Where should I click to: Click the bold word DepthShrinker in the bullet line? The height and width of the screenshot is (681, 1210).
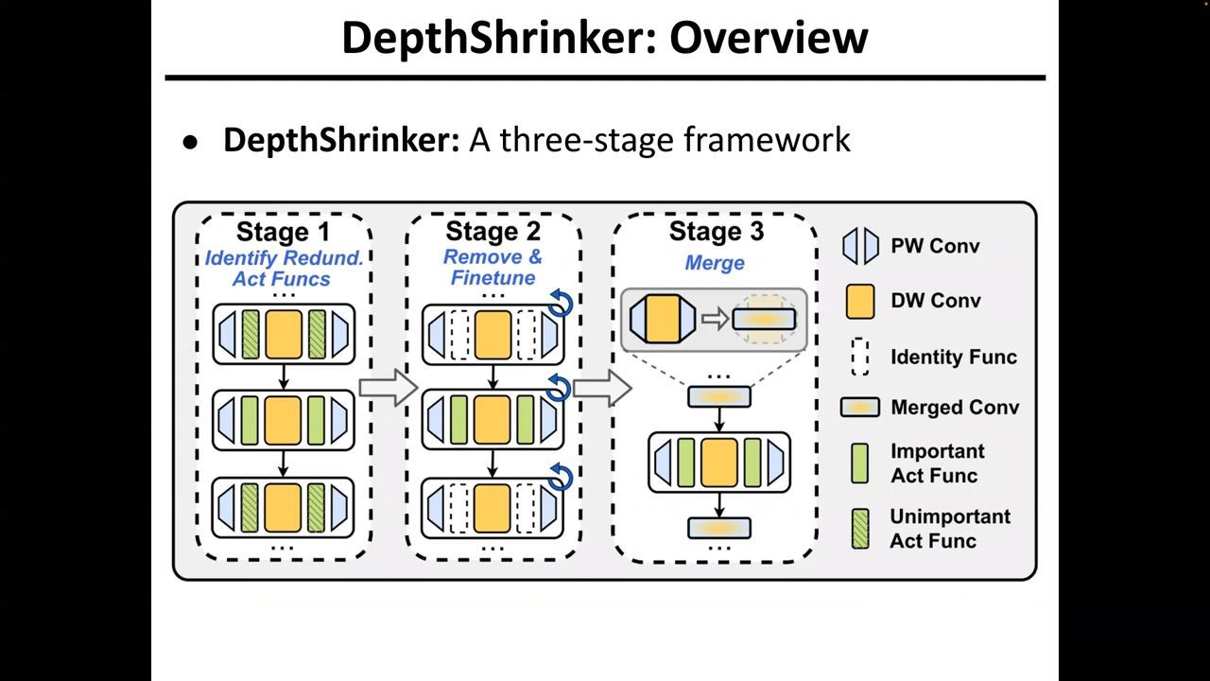340,140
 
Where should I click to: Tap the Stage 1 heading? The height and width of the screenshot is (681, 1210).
284,232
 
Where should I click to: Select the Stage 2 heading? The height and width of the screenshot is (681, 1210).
493,232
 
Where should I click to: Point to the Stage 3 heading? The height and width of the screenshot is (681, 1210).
716,232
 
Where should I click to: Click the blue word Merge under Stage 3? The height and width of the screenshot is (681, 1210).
715,263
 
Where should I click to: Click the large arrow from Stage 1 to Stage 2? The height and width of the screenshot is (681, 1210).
388,387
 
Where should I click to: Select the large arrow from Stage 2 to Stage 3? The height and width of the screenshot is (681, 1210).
602,387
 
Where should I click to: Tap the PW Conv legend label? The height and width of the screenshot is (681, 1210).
935,246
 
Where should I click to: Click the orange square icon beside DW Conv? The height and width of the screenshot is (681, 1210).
860,301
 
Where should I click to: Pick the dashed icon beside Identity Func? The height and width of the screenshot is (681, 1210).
860,357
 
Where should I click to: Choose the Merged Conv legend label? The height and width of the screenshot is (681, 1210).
955,408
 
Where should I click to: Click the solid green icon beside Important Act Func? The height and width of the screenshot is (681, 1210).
860,463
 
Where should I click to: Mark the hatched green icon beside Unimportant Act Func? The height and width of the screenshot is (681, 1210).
860,528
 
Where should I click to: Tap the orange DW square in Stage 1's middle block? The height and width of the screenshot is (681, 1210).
283,420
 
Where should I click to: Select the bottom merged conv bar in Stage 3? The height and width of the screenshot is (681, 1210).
718,528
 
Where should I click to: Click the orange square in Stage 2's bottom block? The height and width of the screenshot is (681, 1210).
493,507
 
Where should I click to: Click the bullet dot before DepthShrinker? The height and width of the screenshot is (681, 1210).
193,143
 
